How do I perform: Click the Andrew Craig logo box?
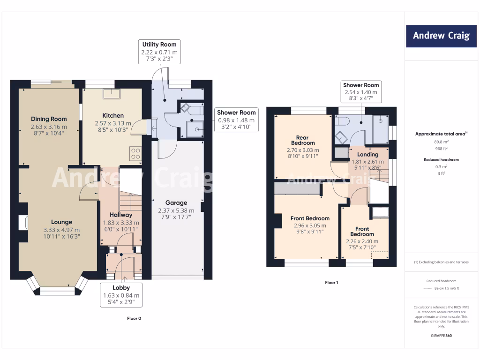click(441, 36)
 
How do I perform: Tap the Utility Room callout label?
click(159, 52)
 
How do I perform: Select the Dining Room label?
click(49, 119)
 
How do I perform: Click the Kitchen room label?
click(113, 115)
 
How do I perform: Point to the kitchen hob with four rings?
click(135, 153)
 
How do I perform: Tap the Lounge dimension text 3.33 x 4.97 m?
click(61, 230)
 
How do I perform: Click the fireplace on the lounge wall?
click(22, 223)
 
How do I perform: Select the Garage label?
click(176, 203)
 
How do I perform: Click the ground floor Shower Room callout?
click(236, 120)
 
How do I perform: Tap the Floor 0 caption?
click(134, 318)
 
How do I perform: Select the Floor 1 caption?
click(331, 283)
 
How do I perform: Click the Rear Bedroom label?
click(302, 140)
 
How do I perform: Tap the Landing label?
click(367, 154)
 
